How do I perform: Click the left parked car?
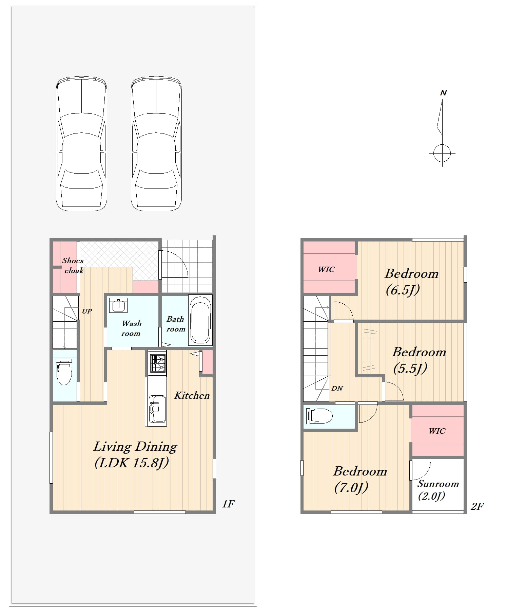coord(81,143)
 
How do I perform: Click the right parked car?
coord(156,143)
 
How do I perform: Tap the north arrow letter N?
coord(443,93)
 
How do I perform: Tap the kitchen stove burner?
coord(158,363)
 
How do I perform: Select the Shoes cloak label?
coord(73,266)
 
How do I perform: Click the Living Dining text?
coord(135,447)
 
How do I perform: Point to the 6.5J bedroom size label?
coord(403,290)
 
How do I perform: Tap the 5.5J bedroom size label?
coord(410,368)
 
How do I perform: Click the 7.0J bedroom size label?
coord(351,488)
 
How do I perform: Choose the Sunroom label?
coord(438,484)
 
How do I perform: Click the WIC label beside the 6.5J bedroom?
coord(326,270)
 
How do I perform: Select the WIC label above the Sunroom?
coord(437,431)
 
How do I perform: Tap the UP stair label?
coord(87,311)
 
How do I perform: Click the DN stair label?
coord(337,388)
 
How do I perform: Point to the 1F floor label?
coord(228,504)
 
